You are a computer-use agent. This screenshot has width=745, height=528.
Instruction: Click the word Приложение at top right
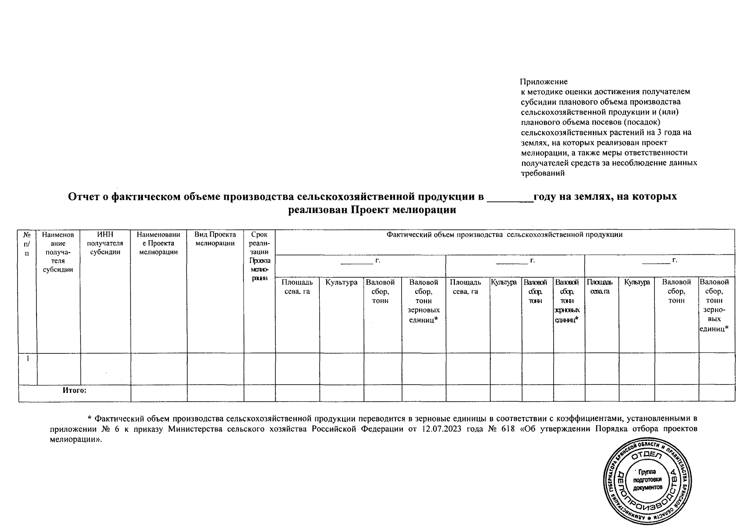(x=544, y=82)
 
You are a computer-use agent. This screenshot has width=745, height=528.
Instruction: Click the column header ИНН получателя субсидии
(x=105, y=243)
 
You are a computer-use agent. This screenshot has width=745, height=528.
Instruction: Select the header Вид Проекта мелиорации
(x=215, y=239)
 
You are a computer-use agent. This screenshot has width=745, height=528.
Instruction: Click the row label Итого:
(x=74, y=390)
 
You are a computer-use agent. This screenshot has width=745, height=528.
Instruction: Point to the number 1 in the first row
(x=27, y=359)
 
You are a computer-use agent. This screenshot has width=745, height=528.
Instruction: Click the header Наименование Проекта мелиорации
(x=159, y=243)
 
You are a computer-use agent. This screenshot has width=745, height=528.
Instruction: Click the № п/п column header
(x=27, y=243)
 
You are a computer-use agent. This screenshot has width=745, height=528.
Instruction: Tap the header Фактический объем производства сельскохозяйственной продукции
(x=504, y=235)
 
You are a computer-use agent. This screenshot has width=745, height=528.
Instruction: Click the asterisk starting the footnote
(x=89, y=418)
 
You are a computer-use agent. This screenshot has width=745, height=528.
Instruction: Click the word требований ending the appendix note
(x=542, y=173)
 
